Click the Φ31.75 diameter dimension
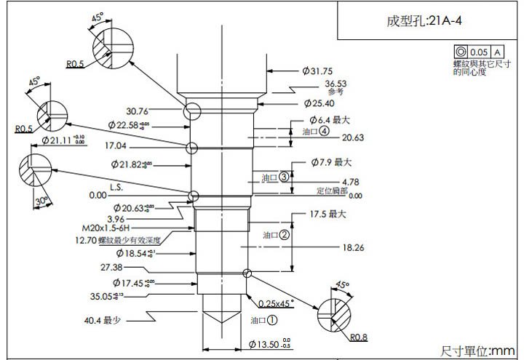(x=317, y=71)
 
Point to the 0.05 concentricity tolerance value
(x=479, y=52)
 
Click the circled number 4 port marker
(x=324, y=131)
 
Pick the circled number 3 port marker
(x=284, y=176)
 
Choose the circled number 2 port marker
(x=285, y=235)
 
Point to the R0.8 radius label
(x=358, y=337)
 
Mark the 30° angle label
(x=41, y=200)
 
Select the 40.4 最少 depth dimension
(x=102, y=319)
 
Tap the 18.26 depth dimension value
(x=352, y=248)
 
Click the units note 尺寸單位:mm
(x=477, y=350)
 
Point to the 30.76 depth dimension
(x=138, y=111)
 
